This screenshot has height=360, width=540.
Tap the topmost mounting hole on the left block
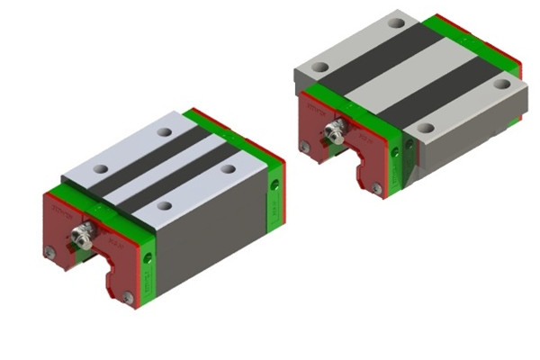164,132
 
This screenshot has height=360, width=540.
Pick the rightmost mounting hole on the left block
229,168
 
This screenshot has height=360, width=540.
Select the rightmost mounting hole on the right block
493,85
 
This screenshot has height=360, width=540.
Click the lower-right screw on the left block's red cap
128,296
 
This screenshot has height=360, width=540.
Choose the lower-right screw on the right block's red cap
377,188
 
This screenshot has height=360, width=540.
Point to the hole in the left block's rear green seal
274,184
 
